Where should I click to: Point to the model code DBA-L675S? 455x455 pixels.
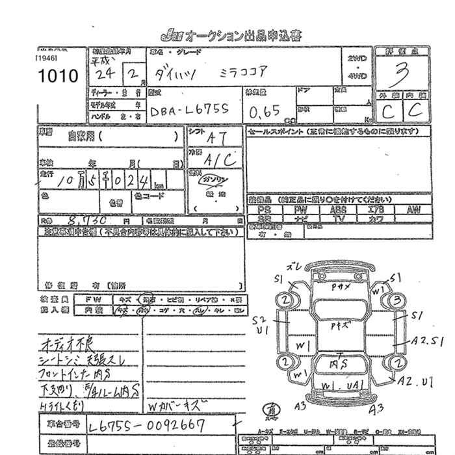point(188,112)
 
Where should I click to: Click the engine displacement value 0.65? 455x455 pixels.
point(265,111)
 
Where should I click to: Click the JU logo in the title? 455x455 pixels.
point(171,35)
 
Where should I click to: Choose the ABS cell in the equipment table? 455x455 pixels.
point(339,210)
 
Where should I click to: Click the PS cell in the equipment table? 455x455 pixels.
point(264,210)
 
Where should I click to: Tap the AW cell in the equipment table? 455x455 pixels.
point(413,210)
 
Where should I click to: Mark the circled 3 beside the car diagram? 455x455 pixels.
point(396,300)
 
